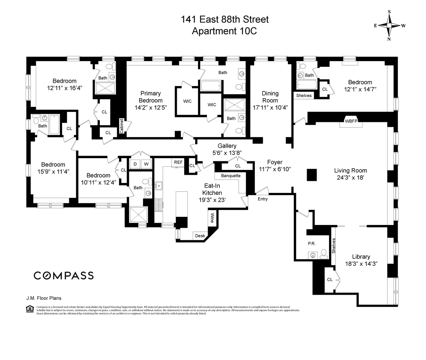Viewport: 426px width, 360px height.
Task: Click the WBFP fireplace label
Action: (351, 121)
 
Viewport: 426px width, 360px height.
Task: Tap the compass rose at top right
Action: (389, 26)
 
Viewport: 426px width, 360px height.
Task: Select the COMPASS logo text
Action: (64, 275)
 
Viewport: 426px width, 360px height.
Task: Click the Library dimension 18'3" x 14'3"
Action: (361, 264)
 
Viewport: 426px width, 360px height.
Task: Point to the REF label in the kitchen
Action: (178, 162)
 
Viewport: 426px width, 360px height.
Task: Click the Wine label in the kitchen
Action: (212, 217)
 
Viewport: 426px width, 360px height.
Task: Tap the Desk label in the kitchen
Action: (200, 236)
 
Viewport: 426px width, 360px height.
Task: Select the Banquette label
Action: (231, 176)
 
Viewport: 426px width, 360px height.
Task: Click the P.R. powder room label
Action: (312, 243)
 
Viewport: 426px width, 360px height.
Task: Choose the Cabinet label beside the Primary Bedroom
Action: (121, 125)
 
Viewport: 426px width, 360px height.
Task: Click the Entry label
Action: (263, 199)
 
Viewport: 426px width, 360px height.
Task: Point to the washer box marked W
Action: (146, 164)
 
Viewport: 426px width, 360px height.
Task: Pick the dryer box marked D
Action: (135, 164)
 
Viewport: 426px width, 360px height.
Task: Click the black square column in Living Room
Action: (312, 174)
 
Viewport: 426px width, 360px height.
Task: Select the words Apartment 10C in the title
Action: (224, 31)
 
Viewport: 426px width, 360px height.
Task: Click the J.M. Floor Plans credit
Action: (41, 299)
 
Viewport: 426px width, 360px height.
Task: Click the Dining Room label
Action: (270, 96)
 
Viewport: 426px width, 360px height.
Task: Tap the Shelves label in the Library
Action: (334, 246)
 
